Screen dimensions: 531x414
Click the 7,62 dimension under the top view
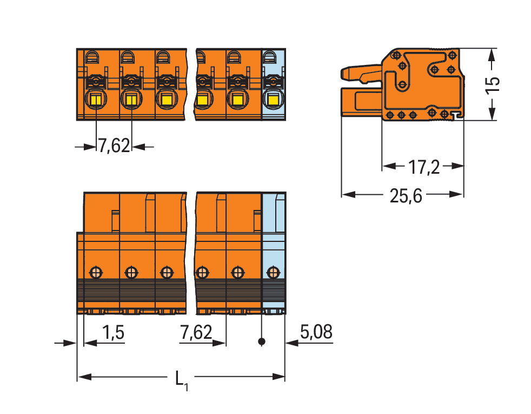point(114,146)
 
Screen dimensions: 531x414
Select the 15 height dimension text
point(493,84)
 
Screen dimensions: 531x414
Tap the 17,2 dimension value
point(424,167)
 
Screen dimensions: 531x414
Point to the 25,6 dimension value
point(406,196)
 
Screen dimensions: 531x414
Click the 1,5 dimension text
point(113,332)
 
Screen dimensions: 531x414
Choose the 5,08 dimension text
point(316,332)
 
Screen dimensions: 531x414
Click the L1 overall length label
point(182,380)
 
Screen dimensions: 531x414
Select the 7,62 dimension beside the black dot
point(196,332)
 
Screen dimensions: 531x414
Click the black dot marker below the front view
point(261,341)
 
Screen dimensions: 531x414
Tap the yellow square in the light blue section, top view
point(273,99)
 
